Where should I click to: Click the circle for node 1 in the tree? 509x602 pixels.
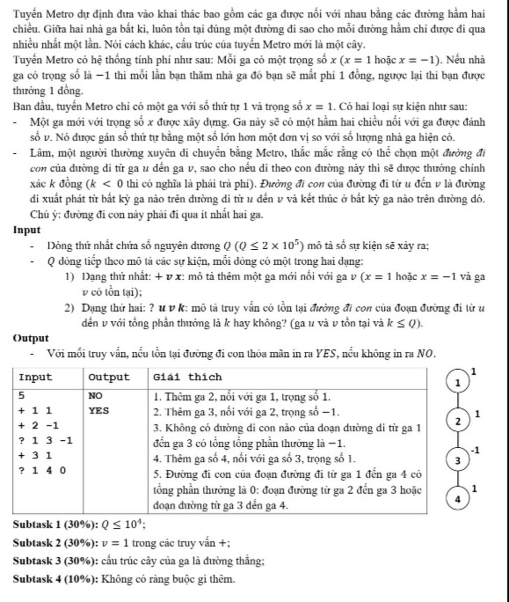458,382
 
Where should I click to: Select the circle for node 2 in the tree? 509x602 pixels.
458,421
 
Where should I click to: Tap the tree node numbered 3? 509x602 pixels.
458,460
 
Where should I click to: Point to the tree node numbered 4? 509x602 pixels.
458,499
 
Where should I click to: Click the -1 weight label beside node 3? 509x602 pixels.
476,450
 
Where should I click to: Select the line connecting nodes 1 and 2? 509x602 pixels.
458,401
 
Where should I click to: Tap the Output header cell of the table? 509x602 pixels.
108,377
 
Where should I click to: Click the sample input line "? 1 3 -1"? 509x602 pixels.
45,440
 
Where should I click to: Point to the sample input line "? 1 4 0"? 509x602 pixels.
42,469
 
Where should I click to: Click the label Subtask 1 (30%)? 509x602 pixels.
55,524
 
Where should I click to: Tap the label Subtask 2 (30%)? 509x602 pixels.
55,543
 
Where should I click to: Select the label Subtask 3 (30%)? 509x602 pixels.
55,561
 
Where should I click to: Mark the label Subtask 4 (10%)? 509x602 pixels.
55,579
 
